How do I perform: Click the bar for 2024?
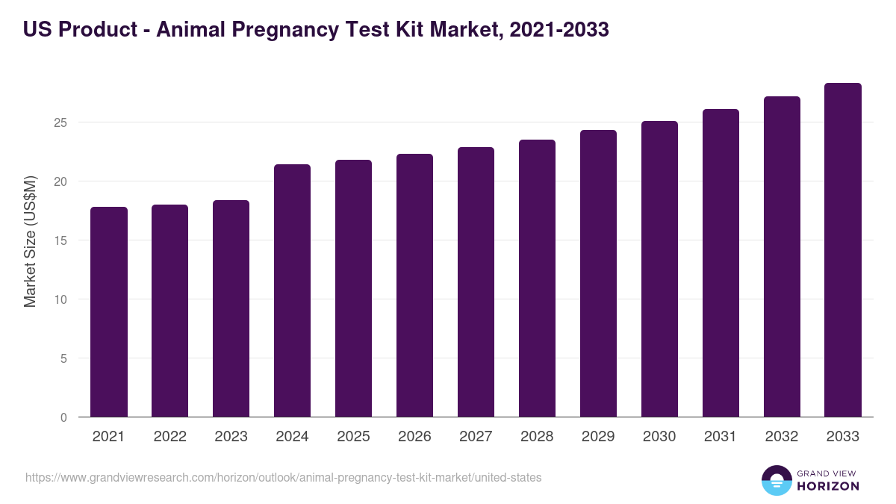[292, 290]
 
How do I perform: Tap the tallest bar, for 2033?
[843, 250]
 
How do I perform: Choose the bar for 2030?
[659, 269]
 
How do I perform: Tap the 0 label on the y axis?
[63, 417]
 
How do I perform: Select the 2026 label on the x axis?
[414, 437]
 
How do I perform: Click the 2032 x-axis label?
[782, 437]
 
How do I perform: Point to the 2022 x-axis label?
[169, 437]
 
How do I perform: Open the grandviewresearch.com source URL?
[283, 477]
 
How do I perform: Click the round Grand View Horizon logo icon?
[777, 480]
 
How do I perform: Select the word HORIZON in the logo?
[827, 486]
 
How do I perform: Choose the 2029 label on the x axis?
[598, 437]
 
